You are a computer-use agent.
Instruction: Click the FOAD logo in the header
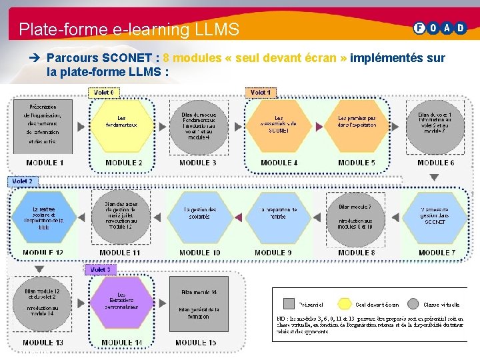point(440,28)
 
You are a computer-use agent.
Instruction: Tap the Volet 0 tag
point(103,92)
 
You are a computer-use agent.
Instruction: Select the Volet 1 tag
point(260,92)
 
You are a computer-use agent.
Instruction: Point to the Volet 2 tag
point(23,181)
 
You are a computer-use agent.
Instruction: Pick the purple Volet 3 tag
point(100,269)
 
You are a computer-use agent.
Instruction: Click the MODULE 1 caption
point(45,163)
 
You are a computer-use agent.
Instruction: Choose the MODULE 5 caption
point(356,163)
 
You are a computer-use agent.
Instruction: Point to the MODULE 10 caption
point(199,253)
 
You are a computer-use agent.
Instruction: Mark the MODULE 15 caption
point(196,343)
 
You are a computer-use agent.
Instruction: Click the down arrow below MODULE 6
point(435,177)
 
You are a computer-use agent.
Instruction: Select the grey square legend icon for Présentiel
point(289,303)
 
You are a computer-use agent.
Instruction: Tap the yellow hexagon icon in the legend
point(344,303)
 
